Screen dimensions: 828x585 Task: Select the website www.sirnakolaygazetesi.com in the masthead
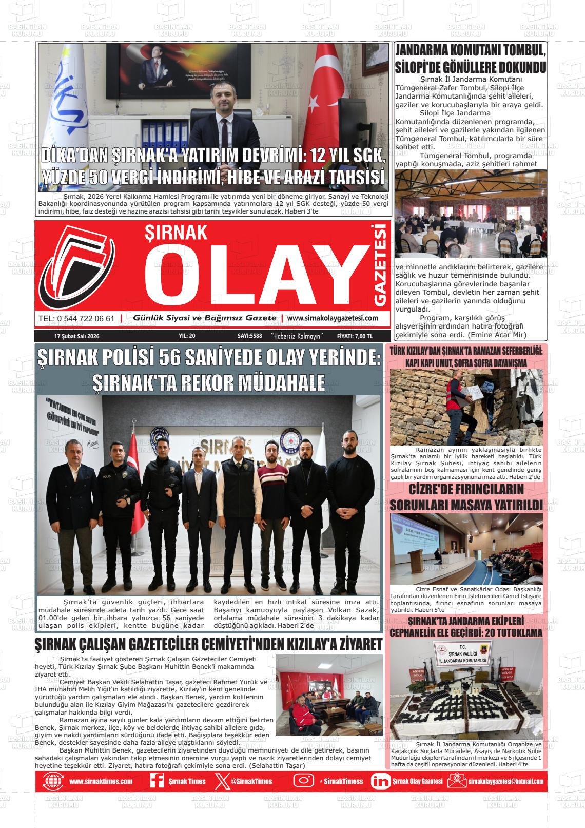(333, 318)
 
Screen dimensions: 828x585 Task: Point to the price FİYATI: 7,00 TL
(355, 336)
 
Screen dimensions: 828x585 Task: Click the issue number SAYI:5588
(250, 336)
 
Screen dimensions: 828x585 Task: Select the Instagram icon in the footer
(304, 781)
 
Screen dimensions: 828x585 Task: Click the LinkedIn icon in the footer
(380, 781)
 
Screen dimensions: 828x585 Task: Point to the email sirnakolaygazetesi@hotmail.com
(505, 782)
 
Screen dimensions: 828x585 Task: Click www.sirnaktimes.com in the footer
(101, 782)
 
